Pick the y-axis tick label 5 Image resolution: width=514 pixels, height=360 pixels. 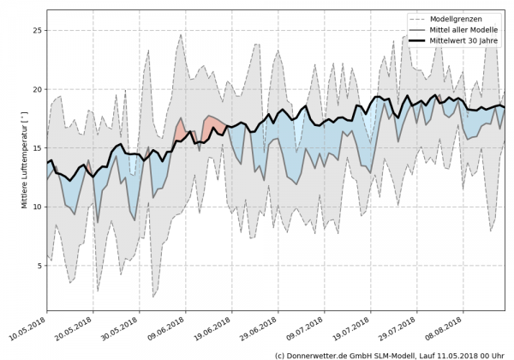39,266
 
